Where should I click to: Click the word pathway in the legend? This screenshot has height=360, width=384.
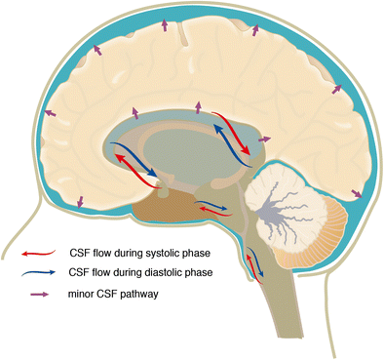151,292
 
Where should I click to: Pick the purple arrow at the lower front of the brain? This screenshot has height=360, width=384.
80,203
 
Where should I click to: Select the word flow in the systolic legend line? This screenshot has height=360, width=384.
108,252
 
